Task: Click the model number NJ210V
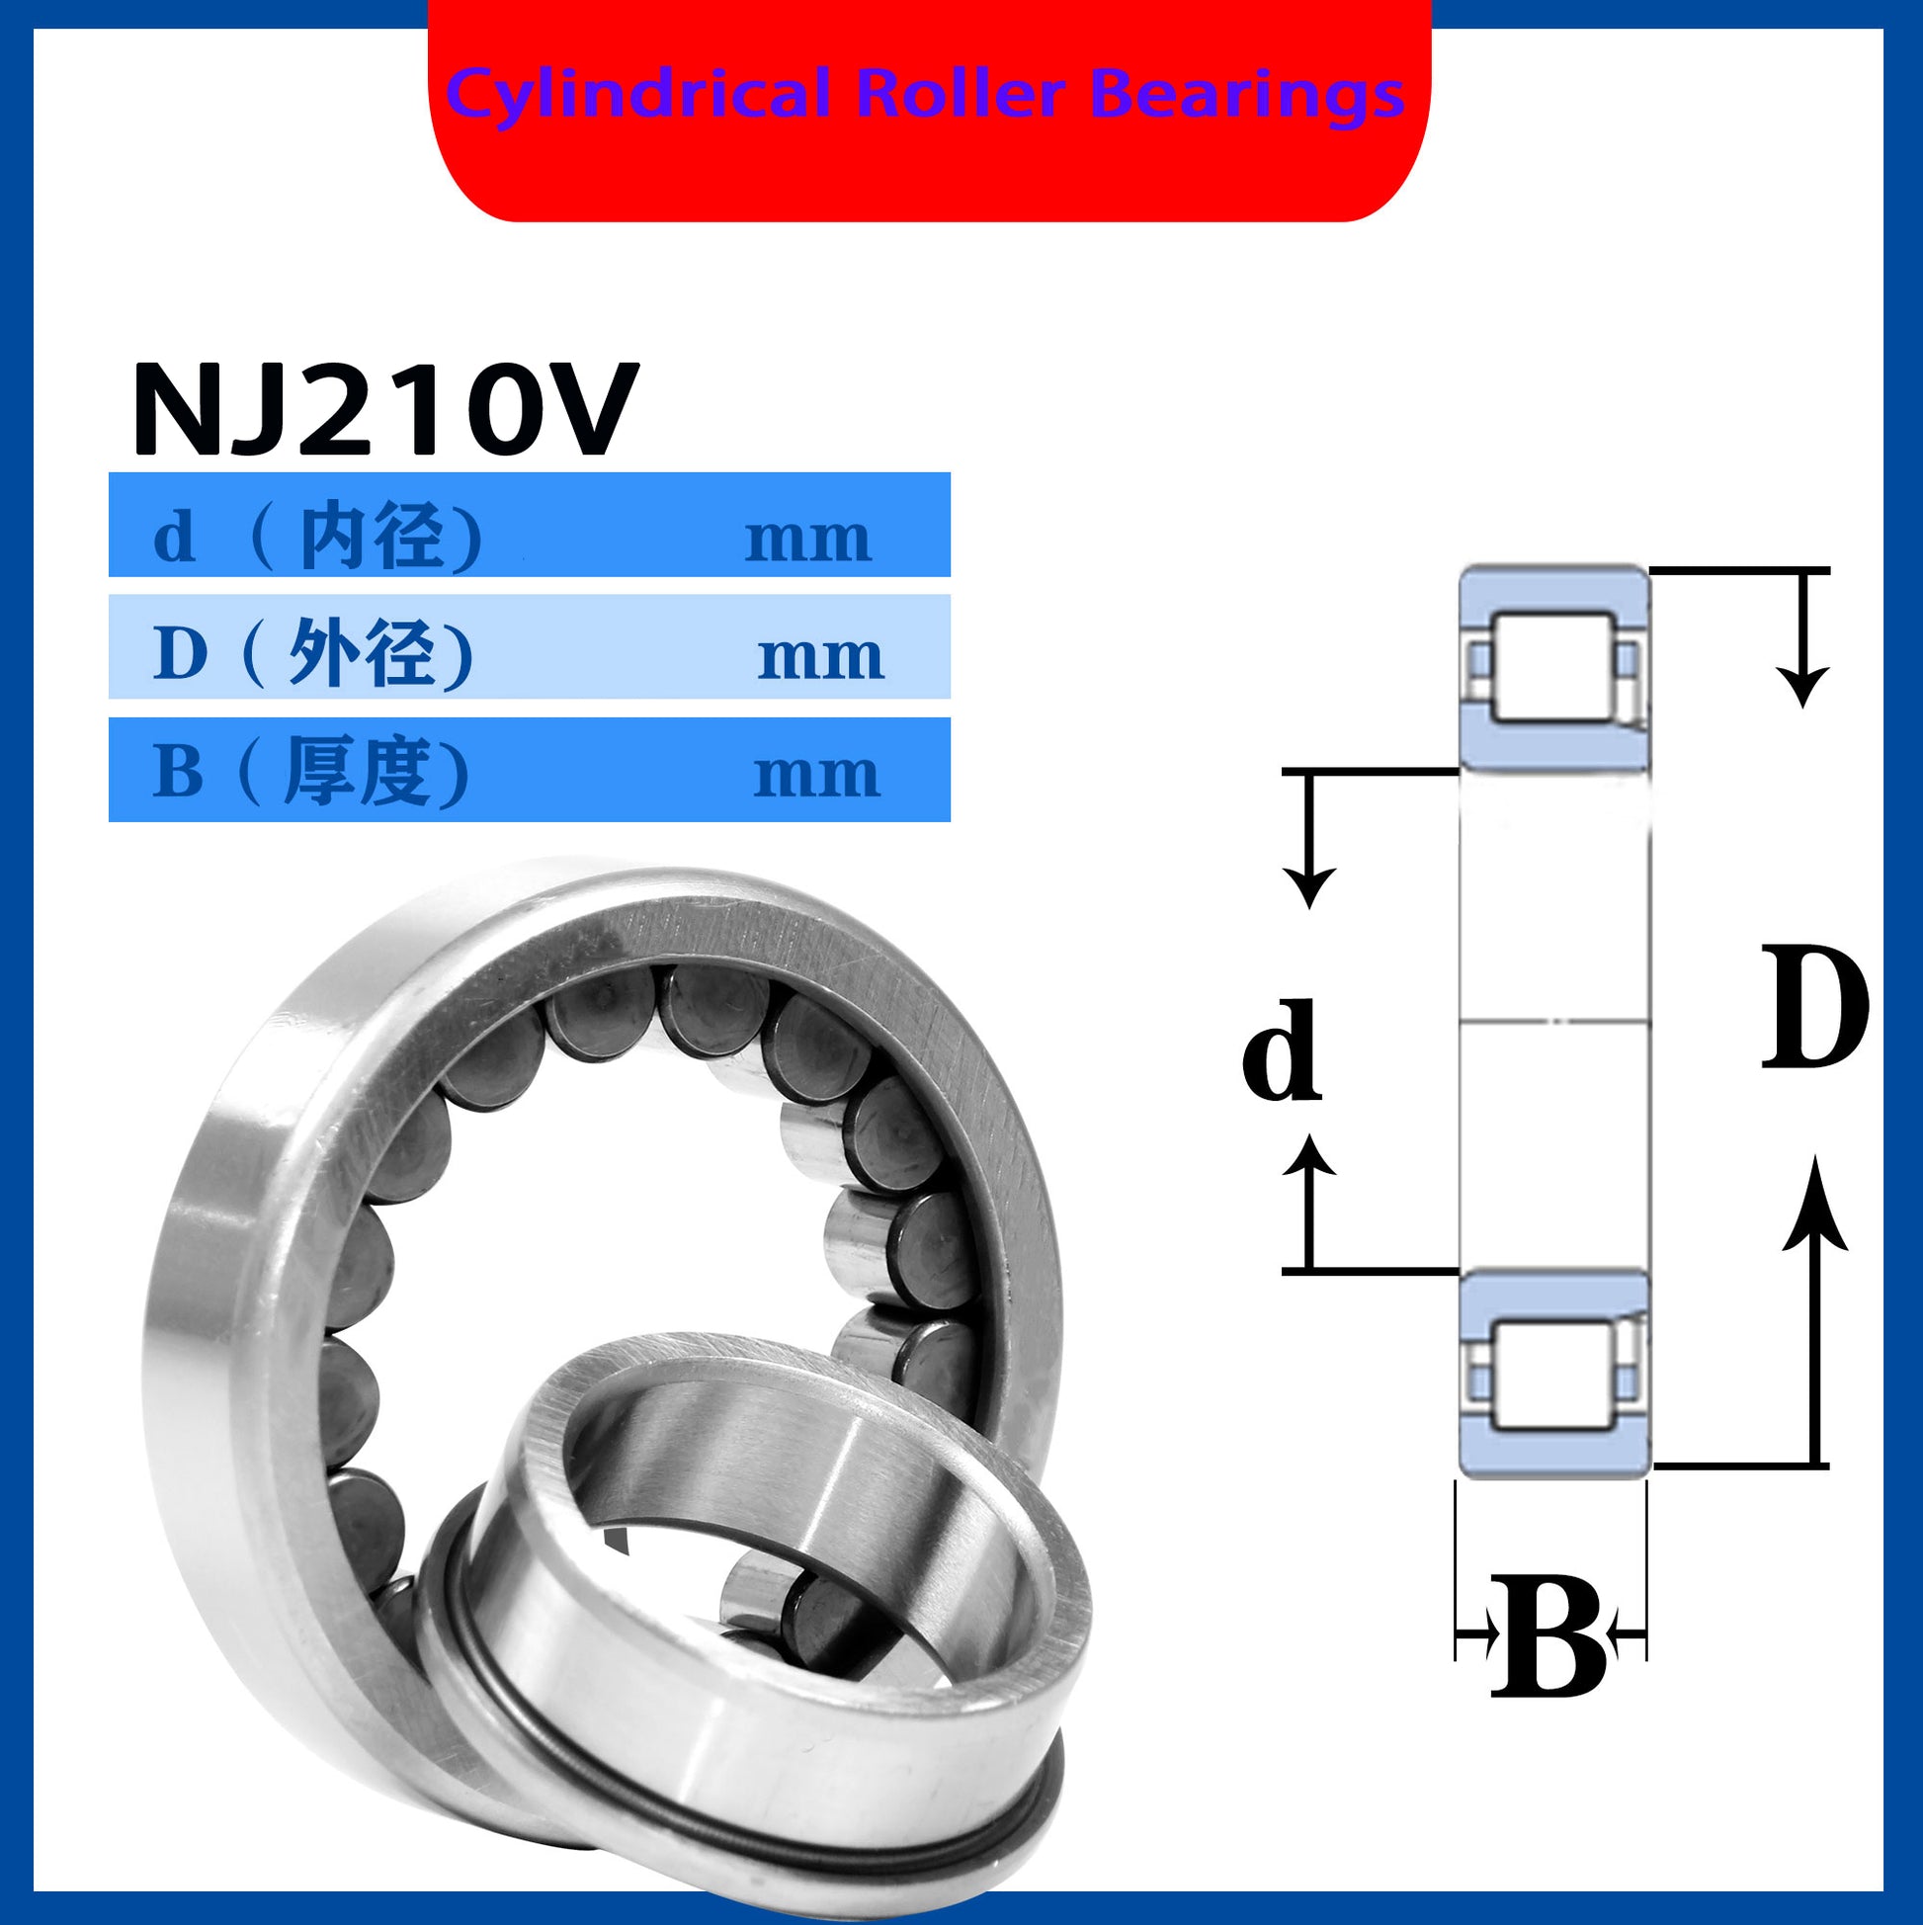384,408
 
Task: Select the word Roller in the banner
961,94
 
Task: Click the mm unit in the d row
808,540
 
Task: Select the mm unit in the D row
820,658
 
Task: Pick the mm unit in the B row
817,775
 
